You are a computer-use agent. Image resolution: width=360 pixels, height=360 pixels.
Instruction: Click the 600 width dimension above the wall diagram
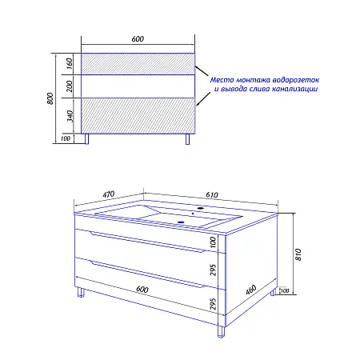click(x=138, y=39)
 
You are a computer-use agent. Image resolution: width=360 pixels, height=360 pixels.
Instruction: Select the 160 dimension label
click(x=69, y=63)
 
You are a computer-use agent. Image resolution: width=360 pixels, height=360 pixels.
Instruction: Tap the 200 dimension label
click(x=69, y=86)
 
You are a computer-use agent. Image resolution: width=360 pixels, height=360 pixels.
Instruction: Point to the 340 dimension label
click(x=70, y=116)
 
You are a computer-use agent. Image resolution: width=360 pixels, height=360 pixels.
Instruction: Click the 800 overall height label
click(x=50, y=98)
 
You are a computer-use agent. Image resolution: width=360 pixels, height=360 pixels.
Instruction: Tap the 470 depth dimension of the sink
click(x=109, y=194)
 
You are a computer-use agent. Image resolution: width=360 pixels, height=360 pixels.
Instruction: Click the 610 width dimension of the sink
click(x=212, y=195)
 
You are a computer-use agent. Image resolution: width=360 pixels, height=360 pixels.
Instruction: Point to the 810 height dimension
click(x=298, y=254)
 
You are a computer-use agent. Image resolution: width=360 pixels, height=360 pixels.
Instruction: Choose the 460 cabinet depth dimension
click(x=251, y=290)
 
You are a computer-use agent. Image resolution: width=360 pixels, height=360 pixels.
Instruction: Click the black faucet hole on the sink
click(x=200, y=207)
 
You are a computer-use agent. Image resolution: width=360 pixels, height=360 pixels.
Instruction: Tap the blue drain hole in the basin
click(x=181, y=222)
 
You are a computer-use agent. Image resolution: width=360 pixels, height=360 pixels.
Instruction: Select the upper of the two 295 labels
click(x=213, y=270)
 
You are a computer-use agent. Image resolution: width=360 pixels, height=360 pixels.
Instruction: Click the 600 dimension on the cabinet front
click(x=142, y=290)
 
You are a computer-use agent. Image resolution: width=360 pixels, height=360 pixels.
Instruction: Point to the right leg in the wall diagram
click(x=187, y=139)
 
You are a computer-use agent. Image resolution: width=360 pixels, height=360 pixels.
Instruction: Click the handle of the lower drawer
click(x=148, y=274)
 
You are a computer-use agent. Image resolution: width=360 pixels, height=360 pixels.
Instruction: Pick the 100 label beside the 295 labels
click(x=213, y=242)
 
